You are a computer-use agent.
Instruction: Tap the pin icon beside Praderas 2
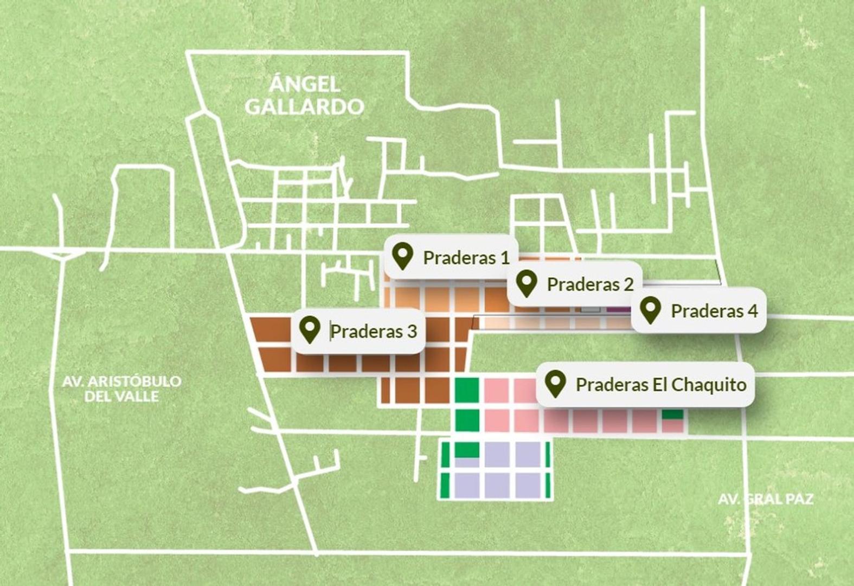click(526, 283)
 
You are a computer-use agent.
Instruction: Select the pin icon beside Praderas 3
click(310, 330)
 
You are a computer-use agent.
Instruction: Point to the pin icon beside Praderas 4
click(650, 310)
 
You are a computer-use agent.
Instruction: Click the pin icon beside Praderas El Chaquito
click(555, 384)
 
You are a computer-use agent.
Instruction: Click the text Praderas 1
click(466, 258)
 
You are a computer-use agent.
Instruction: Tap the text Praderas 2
click(590, 284)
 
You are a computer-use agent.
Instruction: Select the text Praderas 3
click(374, 332)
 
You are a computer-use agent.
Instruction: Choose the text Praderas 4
click(714, 311)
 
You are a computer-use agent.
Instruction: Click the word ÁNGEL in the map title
click(305, 84)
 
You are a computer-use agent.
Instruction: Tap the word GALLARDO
click(304, 107)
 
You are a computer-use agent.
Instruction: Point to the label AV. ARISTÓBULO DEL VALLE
click(121, 388)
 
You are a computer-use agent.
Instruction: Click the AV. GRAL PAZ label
click(765, 499)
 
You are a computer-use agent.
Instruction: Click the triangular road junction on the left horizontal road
click(63, 254)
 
